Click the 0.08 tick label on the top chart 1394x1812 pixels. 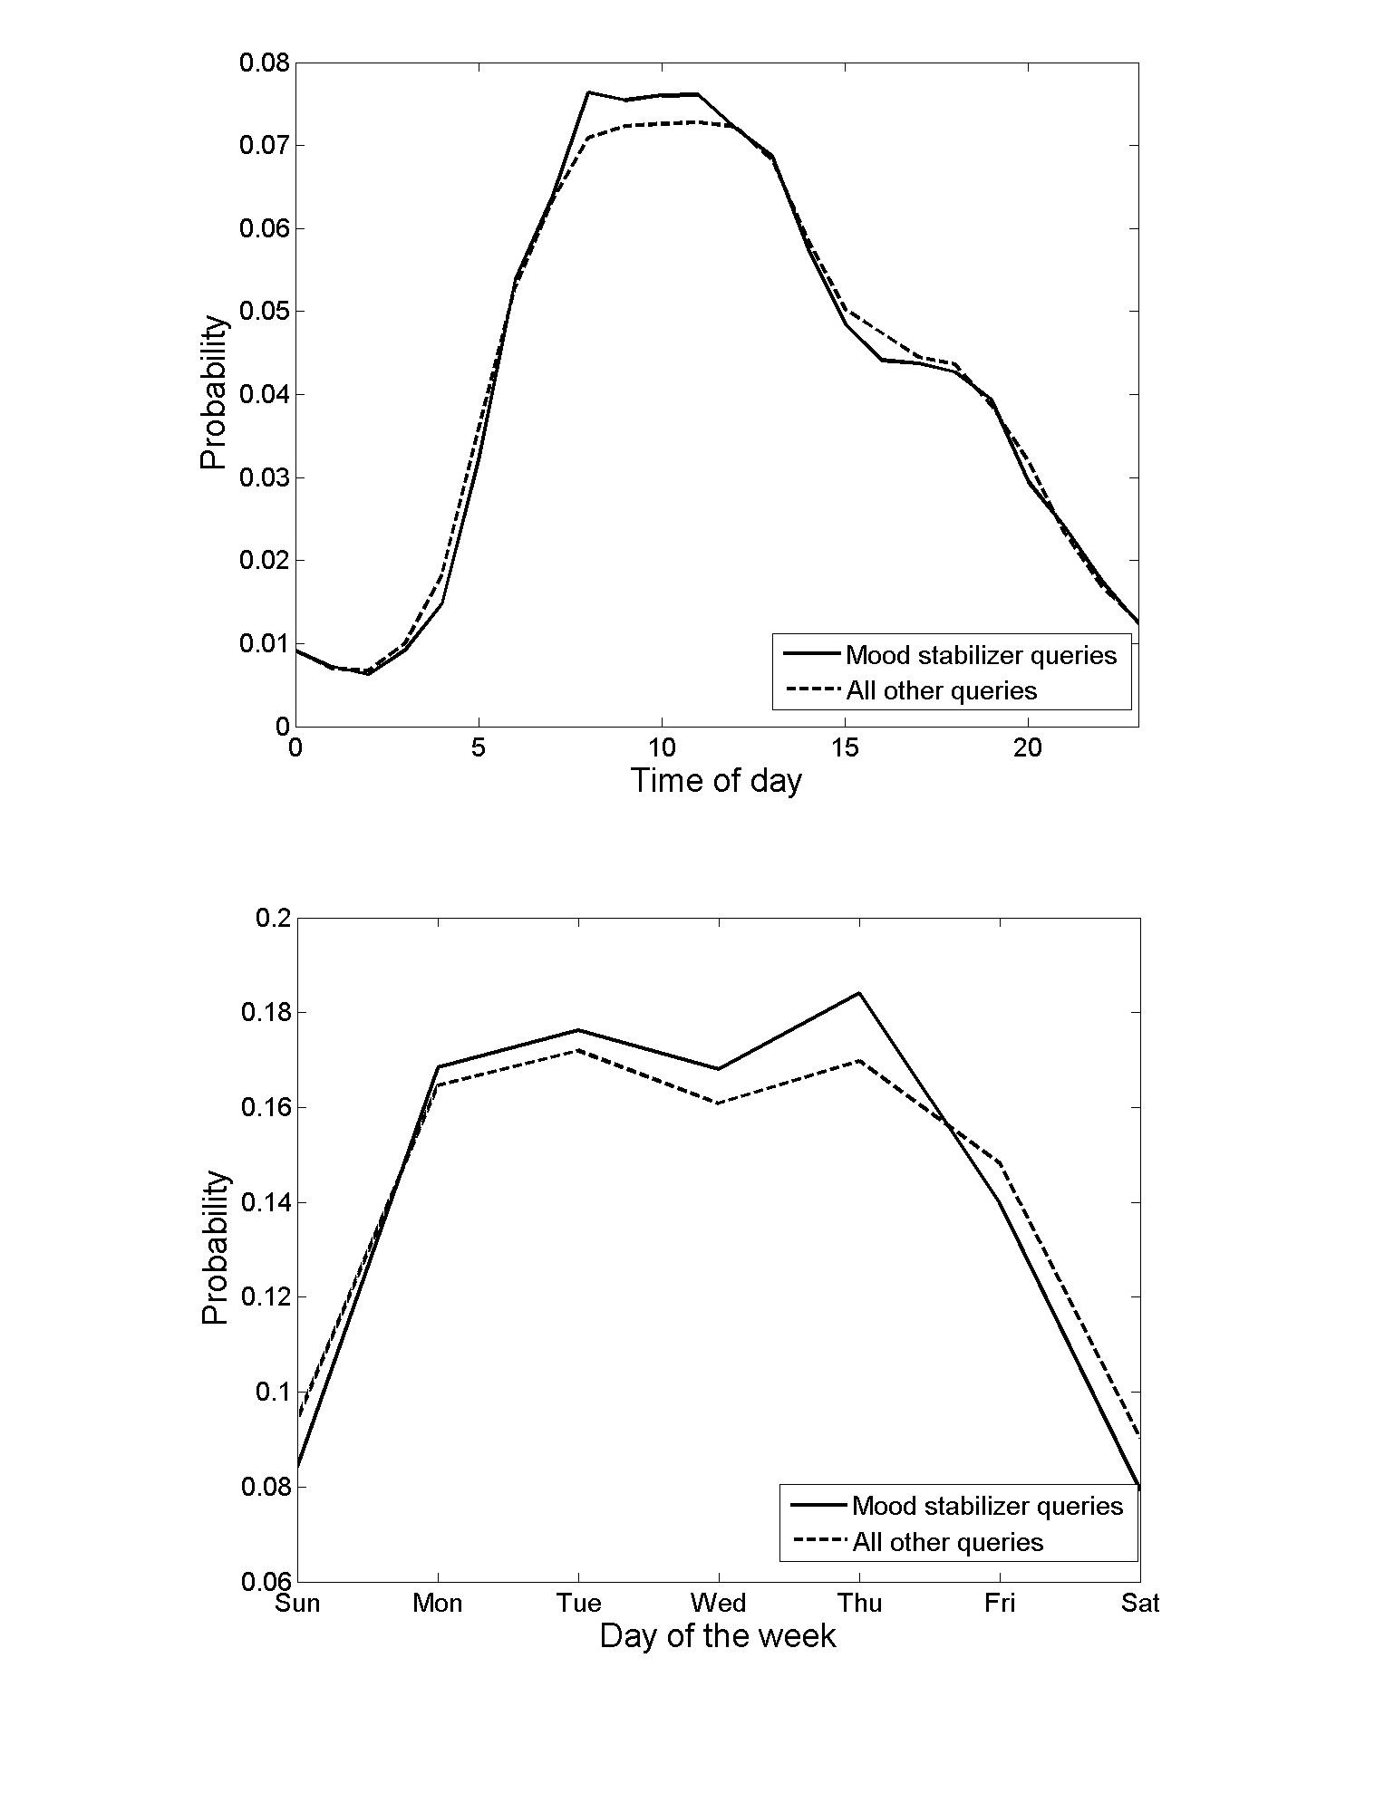pyautogui.click(x=264, y=63)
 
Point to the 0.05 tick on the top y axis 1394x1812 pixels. pyautogui.click(x=264, y=312)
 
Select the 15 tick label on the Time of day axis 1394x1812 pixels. pyautogui.click(x=845, y=747)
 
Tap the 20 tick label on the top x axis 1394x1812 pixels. pyautogui.click(x=1028, y=747)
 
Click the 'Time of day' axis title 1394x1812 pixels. pyautogui.click(x=716, y=780)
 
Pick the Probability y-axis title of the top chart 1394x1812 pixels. pyautogui.click(x=214, y=392)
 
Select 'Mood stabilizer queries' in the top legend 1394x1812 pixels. pyautogui.click(x=981, y=655)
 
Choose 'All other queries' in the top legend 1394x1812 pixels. pyautogui.click(x=941, y=691)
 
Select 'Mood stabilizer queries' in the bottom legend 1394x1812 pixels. pyautogui.click(x=987, y=1506)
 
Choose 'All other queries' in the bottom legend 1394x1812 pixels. pyautogui.click(x=947, y=1542)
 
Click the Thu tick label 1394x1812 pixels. pyautogui.click(x=859, y=1604)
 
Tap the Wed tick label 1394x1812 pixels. pyautogui.click(x=719, y=1604)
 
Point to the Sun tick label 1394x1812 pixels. pyautogui.click(x=298, y=1604)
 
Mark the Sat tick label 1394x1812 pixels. pyautogui.click(x=1139, y=1604)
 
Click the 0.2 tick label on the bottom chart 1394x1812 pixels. pyautogui.click(x=272, y=918)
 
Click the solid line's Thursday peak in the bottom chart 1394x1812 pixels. pyautogui.click(x=859, y=993)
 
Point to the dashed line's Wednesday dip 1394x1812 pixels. pyautogui.click(x=719, y=1104)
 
